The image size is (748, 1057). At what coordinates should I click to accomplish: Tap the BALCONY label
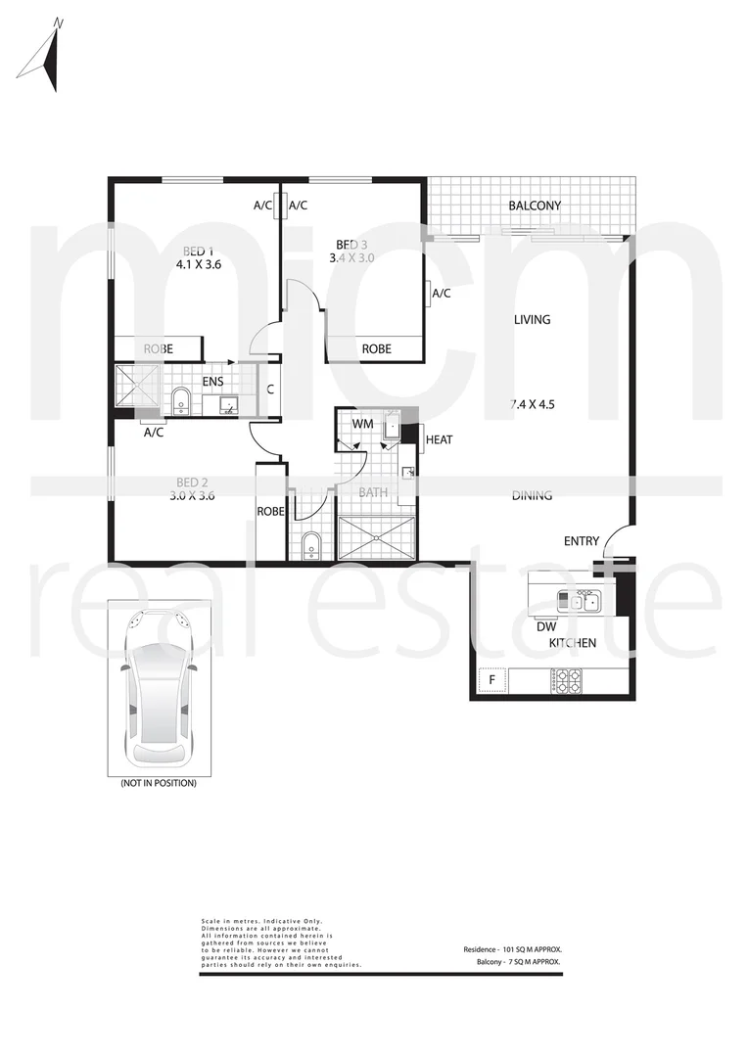[534, 206]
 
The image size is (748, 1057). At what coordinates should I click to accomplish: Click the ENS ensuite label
[212, 382]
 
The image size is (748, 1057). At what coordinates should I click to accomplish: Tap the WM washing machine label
[363, 423]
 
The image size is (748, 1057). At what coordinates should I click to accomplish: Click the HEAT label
[439, 440]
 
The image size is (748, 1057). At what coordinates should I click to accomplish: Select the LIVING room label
[532, 319]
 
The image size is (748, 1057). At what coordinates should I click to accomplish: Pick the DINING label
[532, 495]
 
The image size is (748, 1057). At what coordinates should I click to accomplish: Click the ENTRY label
[582, 541]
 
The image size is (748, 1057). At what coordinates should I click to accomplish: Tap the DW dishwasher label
[546, 626]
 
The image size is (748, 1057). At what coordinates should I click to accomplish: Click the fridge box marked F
[491, 679]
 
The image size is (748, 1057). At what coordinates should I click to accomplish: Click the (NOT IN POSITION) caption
[158, 783]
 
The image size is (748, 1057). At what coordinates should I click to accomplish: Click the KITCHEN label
[572, 643]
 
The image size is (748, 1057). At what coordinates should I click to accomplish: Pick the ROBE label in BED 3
[377, 348]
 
